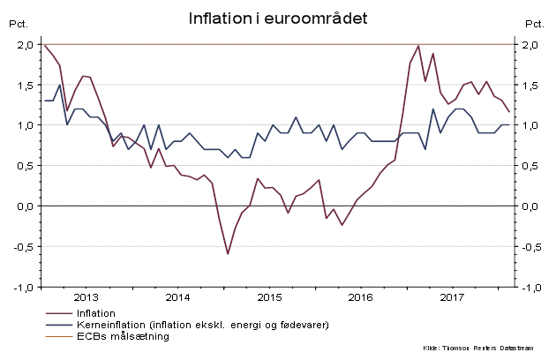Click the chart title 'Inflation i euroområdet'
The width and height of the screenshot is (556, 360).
tap(278, 19)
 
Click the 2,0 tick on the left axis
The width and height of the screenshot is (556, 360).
tap(25, 45)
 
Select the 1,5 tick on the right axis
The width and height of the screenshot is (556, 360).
tap(532, 86)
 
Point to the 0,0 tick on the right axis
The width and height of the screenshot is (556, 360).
tap(532, 206)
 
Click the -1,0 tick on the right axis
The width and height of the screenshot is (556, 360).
tap(531, 288)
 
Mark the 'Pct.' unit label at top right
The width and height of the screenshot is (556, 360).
tap(535, 24)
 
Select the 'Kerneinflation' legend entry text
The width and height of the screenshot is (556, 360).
tap(204, 325)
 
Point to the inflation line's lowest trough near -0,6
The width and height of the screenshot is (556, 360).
tap(228, 254)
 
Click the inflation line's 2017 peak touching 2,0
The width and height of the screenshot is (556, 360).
tap(418, 46)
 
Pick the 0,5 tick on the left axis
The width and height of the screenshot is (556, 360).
tap(25, 166)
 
